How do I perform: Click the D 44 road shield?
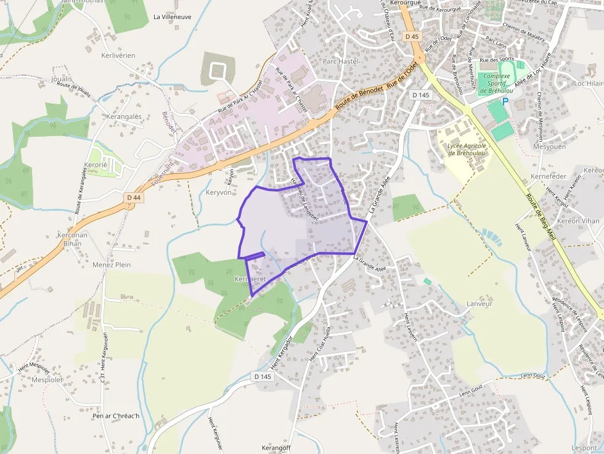tap(133, 197)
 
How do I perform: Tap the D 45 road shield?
tap(412, 37)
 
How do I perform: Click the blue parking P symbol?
tap(505, 101)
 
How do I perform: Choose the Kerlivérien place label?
tap(118, 55)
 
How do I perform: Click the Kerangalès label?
tap(124, 116)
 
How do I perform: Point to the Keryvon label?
tap(219, 192)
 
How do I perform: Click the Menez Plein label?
tap(112, 265)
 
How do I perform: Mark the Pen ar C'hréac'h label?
tap(116, 416)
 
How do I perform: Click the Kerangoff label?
tap(276, 448)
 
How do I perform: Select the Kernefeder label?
tap(548, 177)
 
